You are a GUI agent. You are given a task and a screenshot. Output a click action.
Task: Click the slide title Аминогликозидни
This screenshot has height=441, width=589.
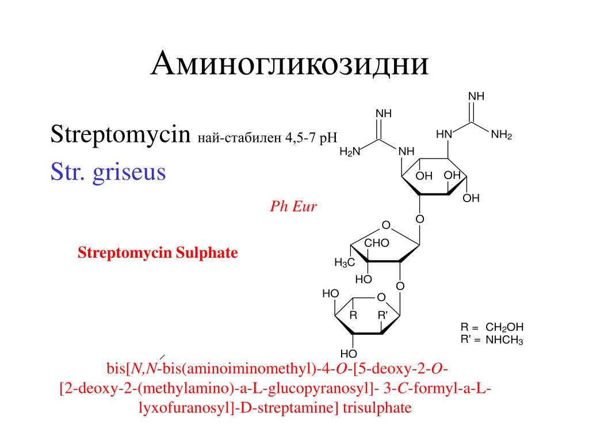click(x=290, y=64)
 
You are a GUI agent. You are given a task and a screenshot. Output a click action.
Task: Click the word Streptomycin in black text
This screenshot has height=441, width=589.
click(x=120, y=136)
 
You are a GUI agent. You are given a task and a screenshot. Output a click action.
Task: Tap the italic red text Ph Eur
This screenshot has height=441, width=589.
click(x=293, y=207)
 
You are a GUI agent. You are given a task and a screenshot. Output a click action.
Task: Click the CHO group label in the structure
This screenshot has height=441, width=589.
click(x=377, y=243)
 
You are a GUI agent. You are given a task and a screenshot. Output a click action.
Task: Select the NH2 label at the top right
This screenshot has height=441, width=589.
click(x=501, y=137)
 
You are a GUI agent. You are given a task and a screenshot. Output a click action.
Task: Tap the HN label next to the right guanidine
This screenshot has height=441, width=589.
click(x=444, y=134)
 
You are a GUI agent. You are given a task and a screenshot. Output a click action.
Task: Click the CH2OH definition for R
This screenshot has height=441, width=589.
click(x=504, y=327)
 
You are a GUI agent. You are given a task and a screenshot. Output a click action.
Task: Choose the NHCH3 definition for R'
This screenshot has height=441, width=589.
click(x=504, y=340)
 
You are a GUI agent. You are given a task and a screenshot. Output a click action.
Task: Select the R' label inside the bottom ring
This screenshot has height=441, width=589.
click(x=383, y=315)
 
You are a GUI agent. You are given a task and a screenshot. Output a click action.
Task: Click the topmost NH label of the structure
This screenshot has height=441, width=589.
click(x=477, y=96)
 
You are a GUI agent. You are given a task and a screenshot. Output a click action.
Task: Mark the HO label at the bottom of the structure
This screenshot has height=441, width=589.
click(x=349, y=353)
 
